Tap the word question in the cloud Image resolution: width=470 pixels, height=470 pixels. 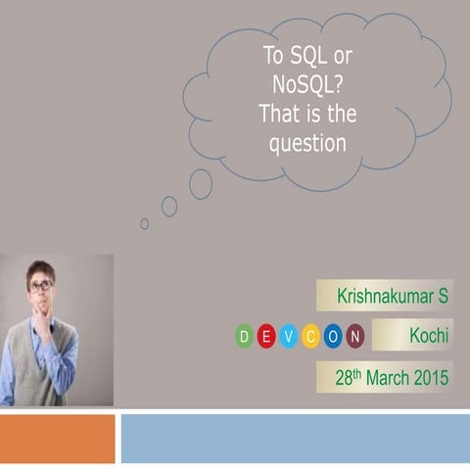pos(307,143)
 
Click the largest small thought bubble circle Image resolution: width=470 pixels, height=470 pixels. pos(201,183)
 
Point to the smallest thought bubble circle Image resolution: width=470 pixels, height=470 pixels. pos(145,223)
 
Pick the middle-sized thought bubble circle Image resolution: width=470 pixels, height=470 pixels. pos(169,206)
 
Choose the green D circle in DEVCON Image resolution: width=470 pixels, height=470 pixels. pos(245,338)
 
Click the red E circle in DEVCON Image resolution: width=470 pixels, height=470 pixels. pos(267,338)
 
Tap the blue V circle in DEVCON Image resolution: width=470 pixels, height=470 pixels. pos(289,338)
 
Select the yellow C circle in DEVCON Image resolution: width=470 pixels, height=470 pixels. pos(311,338)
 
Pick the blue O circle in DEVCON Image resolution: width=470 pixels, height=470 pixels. pos(333,338)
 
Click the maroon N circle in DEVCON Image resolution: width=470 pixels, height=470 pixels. pos(355,338)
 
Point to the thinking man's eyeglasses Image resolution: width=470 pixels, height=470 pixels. pos(41,286)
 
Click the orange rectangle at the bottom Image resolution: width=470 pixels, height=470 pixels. pos(57,439)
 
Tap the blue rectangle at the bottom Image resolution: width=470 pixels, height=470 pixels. pos(295,439)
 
